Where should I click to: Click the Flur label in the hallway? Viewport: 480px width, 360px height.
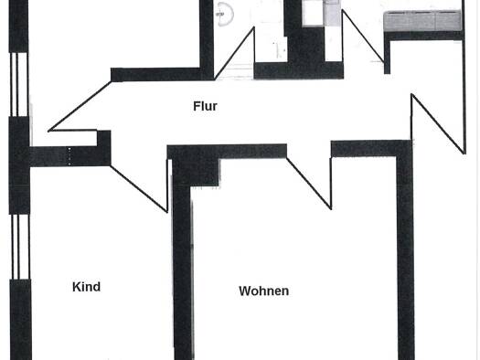tap(205, 106)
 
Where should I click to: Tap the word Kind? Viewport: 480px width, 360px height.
tap(86, 287)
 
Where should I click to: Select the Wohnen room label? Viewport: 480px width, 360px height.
tap(264, 291)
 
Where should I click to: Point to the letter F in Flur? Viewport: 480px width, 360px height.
tap(197, 106)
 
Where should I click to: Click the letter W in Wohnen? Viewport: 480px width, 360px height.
tap(245, 291)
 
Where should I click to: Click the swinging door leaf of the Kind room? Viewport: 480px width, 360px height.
tap(139, 189)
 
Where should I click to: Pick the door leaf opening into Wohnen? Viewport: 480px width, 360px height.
tap(309, 184)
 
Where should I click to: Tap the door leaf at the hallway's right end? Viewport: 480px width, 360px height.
tap(438, 123)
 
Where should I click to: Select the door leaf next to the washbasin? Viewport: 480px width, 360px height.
tap(234, 53)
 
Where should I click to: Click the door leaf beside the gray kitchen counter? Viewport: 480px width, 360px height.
tap(363, 37)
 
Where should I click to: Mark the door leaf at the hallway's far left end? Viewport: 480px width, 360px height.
tap(80, 106)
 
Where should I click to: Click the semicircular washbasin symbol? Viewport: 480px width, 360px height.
tap(225, 14)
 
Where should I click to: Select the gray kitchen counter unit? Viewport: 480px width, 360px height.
tap(422, 21)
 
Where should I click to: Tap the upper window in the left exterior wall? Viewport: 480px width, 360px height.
tap(19, 84)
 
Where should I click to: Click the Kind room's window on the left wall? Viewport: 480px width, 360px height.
tap(20, 247)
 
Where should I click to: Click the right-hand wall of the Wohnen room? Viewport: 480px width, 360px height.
tap(406, 257)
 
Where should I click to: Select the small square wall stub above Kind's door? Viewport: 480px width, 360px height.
tap(104, 139)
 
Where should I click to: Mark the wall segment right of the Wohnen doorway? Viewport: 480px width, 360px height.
tap(370, 149)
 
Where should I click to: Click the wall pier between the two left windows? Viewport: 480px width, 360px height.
tap(19, 165)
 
